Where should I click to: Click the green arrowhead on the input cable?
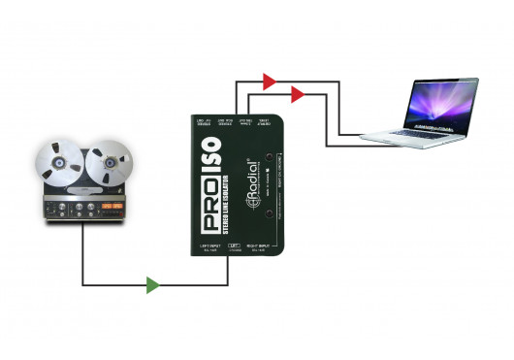[151, 285]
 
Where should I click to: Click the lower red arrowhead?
[297, 95]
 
